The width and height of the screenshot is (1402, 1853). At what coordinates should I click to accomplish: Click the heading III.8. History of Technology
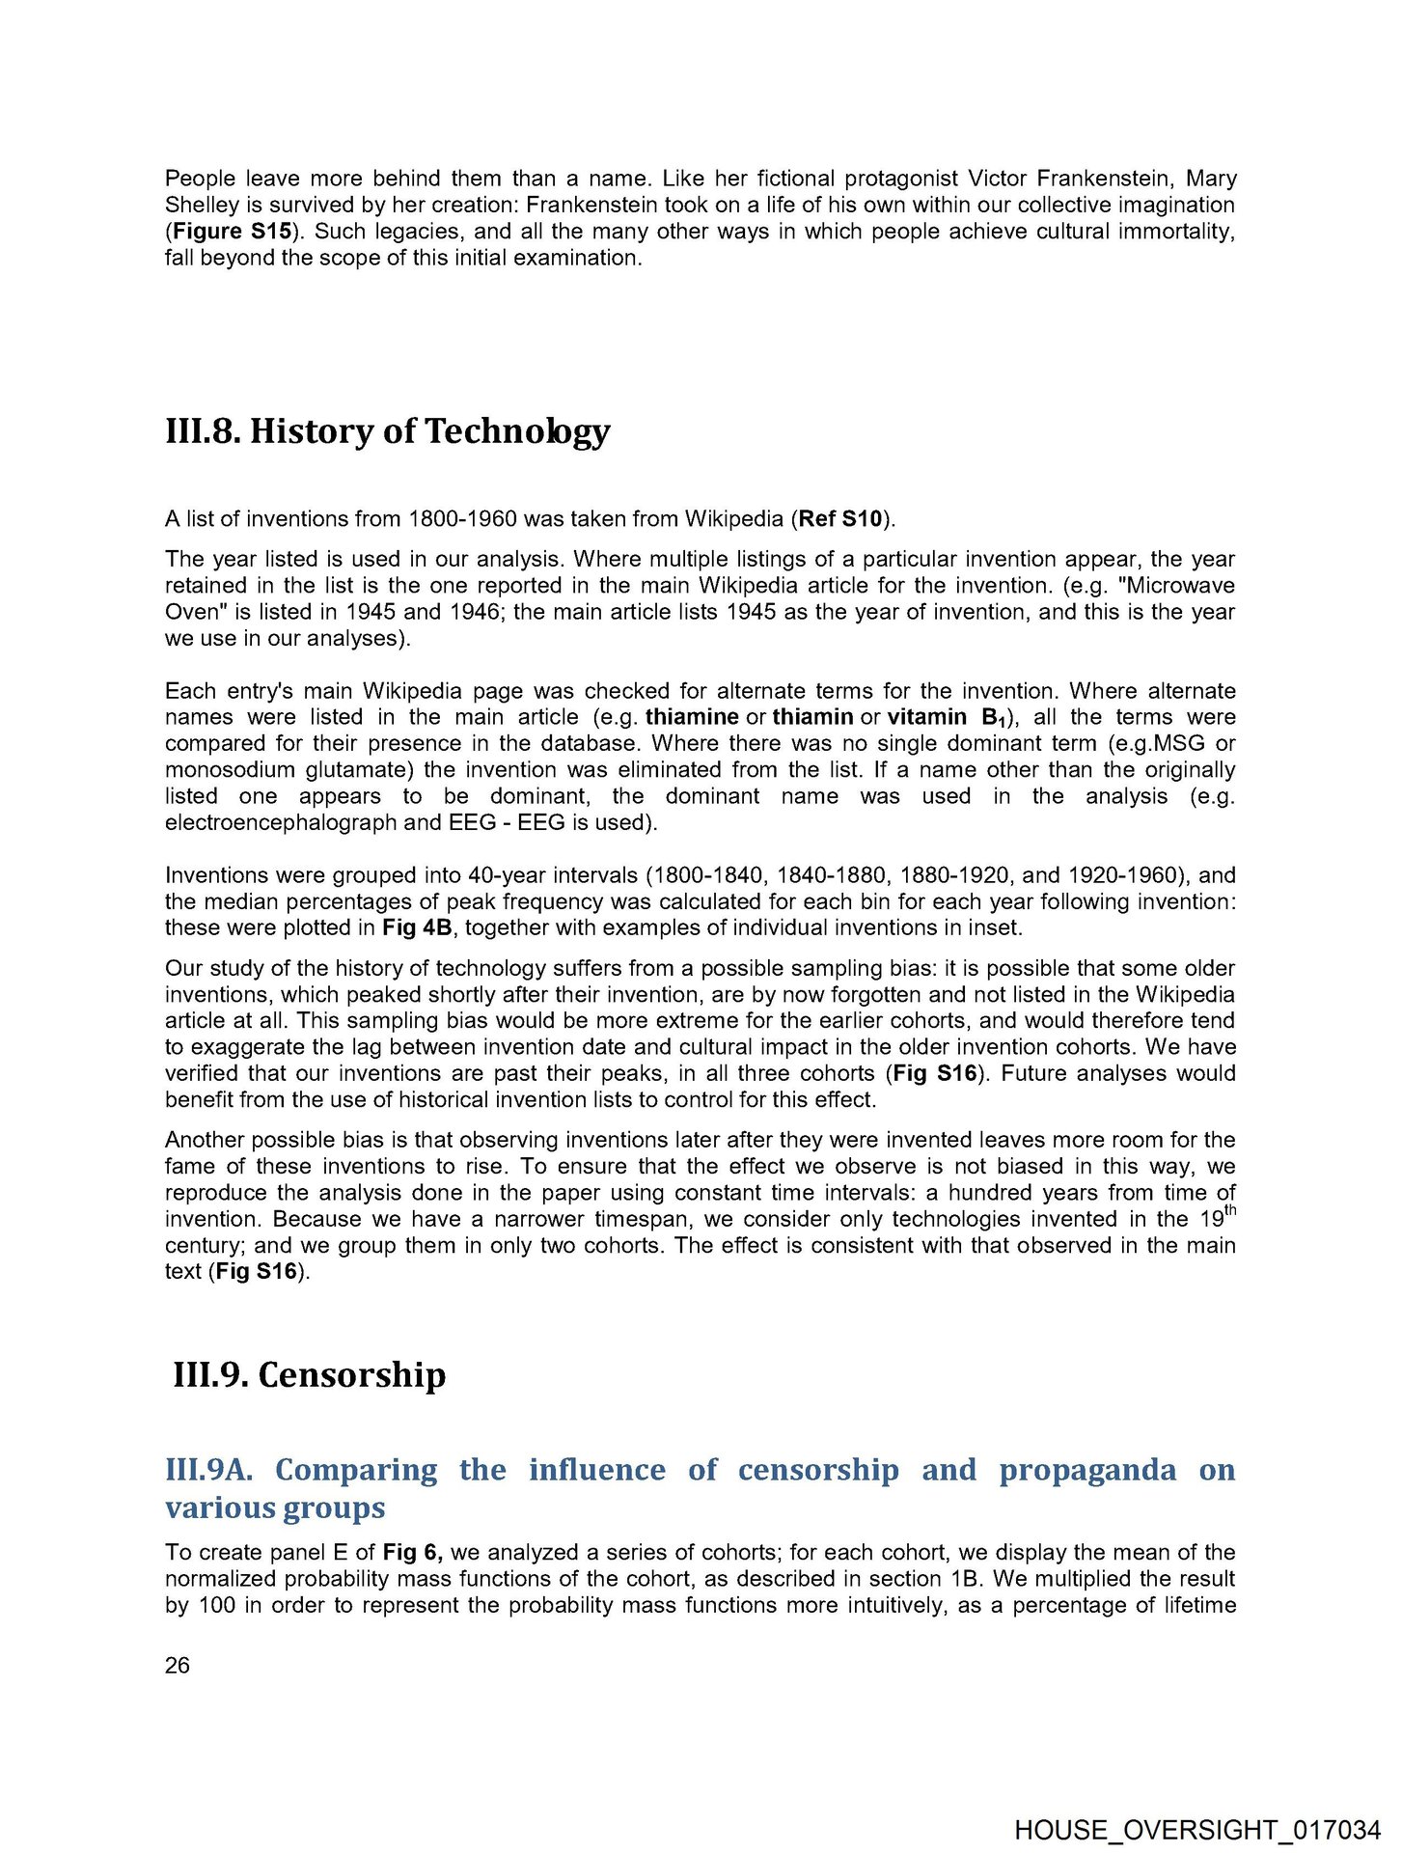(387, 430)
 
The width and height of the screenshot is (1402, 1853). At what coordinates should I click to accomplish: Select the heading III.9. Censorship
(309, 1374)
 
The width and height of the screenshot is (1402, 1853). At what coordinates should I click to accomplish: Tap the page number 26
(178, 1665)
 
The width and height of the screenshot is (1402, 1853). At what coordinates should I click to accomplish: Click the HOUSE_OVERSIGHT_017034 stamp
(1197, 1830)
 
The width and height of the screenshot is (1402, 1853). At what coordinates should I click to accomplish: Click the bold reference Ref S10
(840, 519)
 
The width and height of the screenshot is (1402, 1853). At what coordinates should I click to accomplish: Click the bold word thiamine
(692, 717)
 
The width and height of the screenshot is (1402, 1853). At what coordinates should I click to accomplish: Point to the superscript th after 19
(1229, 1211)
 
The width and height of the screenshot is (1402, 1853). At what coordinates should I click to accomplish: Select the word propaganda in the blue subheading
(1087, 1470)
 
